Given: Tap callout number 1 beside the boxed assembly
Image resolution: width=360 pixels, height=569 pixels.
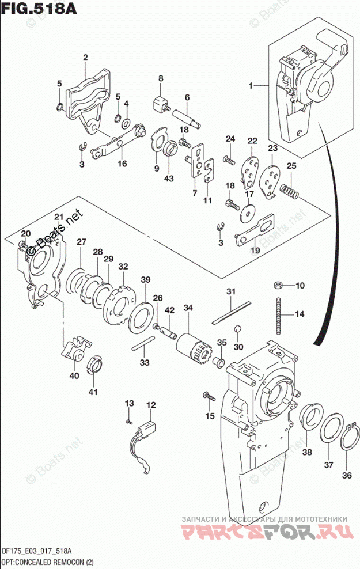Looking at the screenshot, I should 251,86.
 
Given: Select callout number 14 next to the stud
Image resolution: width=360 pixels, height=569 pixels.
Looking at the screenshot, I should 299,314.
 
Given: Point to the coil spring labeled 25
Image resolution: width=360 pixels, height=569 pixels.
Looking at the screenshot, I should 289,191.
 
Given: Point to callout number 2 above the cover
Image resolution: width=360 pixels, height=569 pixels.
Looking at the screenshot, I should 85,57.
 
